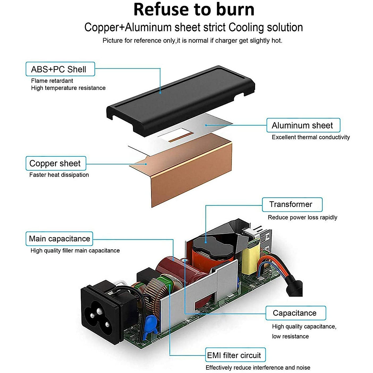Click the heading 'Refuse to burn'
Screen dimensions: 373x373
point(194,9)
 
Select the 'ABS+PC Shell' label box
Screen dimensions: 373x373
point(60,69)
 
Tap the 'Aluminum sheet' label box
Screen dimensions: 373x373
point(303,125)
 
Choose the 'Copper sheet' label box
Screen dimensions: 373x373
point(55,163)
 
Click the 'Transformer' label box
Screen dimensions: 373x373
point(292,204)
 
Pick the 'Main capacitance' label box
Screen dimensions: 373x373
point(59,239)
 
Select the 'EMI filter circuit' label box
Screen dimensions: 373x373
point(235,355)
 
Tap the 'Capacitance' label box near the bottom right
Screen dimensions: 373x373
point(295,313)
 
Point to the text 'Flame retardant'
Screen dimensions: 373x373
point(52,81)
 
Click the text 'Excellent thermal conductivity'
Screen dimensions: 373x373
point(311,137)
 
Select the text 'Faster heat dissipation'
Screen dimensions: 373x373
point(59,175)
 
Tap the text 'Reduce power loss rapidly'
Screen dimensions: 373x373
point(302,217)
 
